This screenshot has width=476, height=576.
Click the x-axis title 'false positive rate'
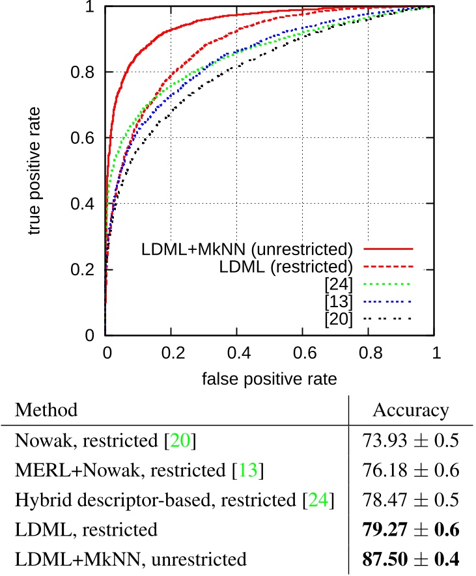point(268,377)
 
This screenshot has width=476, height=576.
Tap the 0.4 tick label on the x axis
point(236,353)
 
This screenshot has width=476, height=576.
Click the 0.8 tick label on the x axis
point(368,353)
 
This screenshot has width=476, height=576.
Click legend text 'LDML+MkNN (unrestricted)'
point(247,249)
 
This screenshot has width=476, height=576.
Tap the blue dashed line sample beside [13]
point(389,301)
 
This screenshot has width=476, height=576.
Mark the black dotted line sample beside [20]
point(389,318)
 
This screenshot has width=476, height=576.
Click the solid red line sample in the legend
point(389,249)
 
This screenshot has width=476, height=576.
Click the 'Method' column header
point(46,410)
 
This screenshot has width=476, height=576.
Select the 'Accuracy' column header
point(410,410)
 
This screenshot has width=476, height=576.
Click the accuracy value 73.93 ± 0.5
point(410,441)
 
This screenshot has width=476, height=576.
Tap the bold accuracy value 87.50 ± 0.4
point(410,558)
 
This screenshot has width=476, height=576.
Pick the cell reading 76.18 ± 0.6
point(410,471)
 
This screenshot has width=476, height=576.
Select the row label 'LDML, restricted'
point(86,529)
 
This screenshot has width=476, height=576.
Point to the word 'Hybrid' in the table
point(36,500)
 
